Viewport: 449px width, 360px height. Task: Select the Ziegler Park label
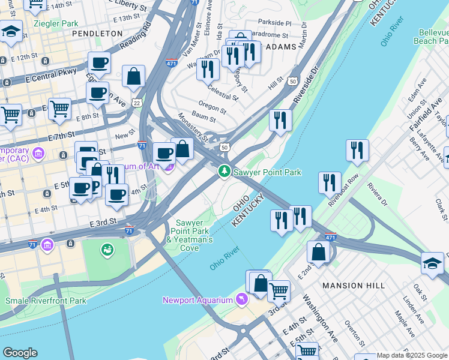point(56,23)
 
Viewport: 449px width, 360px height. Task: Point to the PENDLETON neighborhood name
point(97,34)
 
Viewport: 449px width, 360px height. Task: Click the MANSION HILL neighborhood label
point(354,285)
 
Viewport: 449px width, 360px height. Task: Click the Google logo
point(20,353)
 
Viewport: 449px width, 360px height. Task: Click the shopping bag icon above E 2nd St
point(319,252)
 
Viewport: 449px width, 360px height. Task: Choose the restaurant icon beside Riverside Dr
point(280,120)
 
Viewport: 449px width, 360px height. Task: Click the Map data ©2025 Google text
point(411,355)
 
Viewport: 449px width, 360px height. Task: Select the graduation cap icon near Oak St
point(432,264)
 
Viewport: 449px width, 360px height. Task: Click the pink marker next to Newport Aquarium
point(241,299)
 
